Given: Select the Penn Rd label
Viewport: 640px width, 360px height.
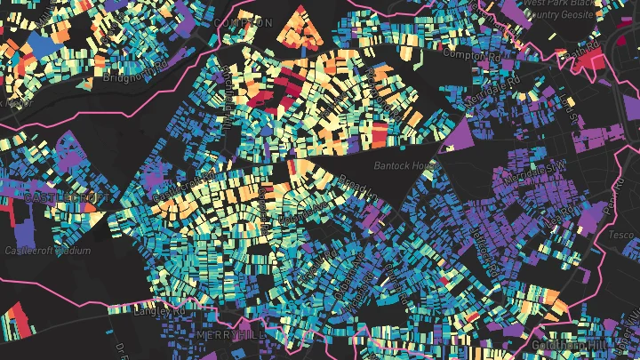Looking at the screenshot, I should (x=609, y=204).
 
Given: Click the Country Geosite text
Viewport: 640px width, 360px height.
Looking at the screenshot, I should (x=564, y=14).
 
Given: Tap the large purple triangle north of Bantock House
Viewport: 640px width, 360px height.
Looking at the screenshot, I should (x=463, y=139).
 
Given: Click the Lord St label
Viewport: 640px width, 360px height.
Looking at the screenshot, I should (x=565, y=116).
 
